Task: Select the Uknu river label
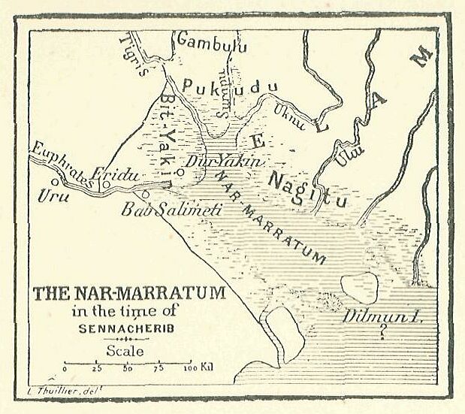click(x=291, y=116)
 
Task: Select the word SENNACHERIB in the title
click(x=126, y=328)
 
